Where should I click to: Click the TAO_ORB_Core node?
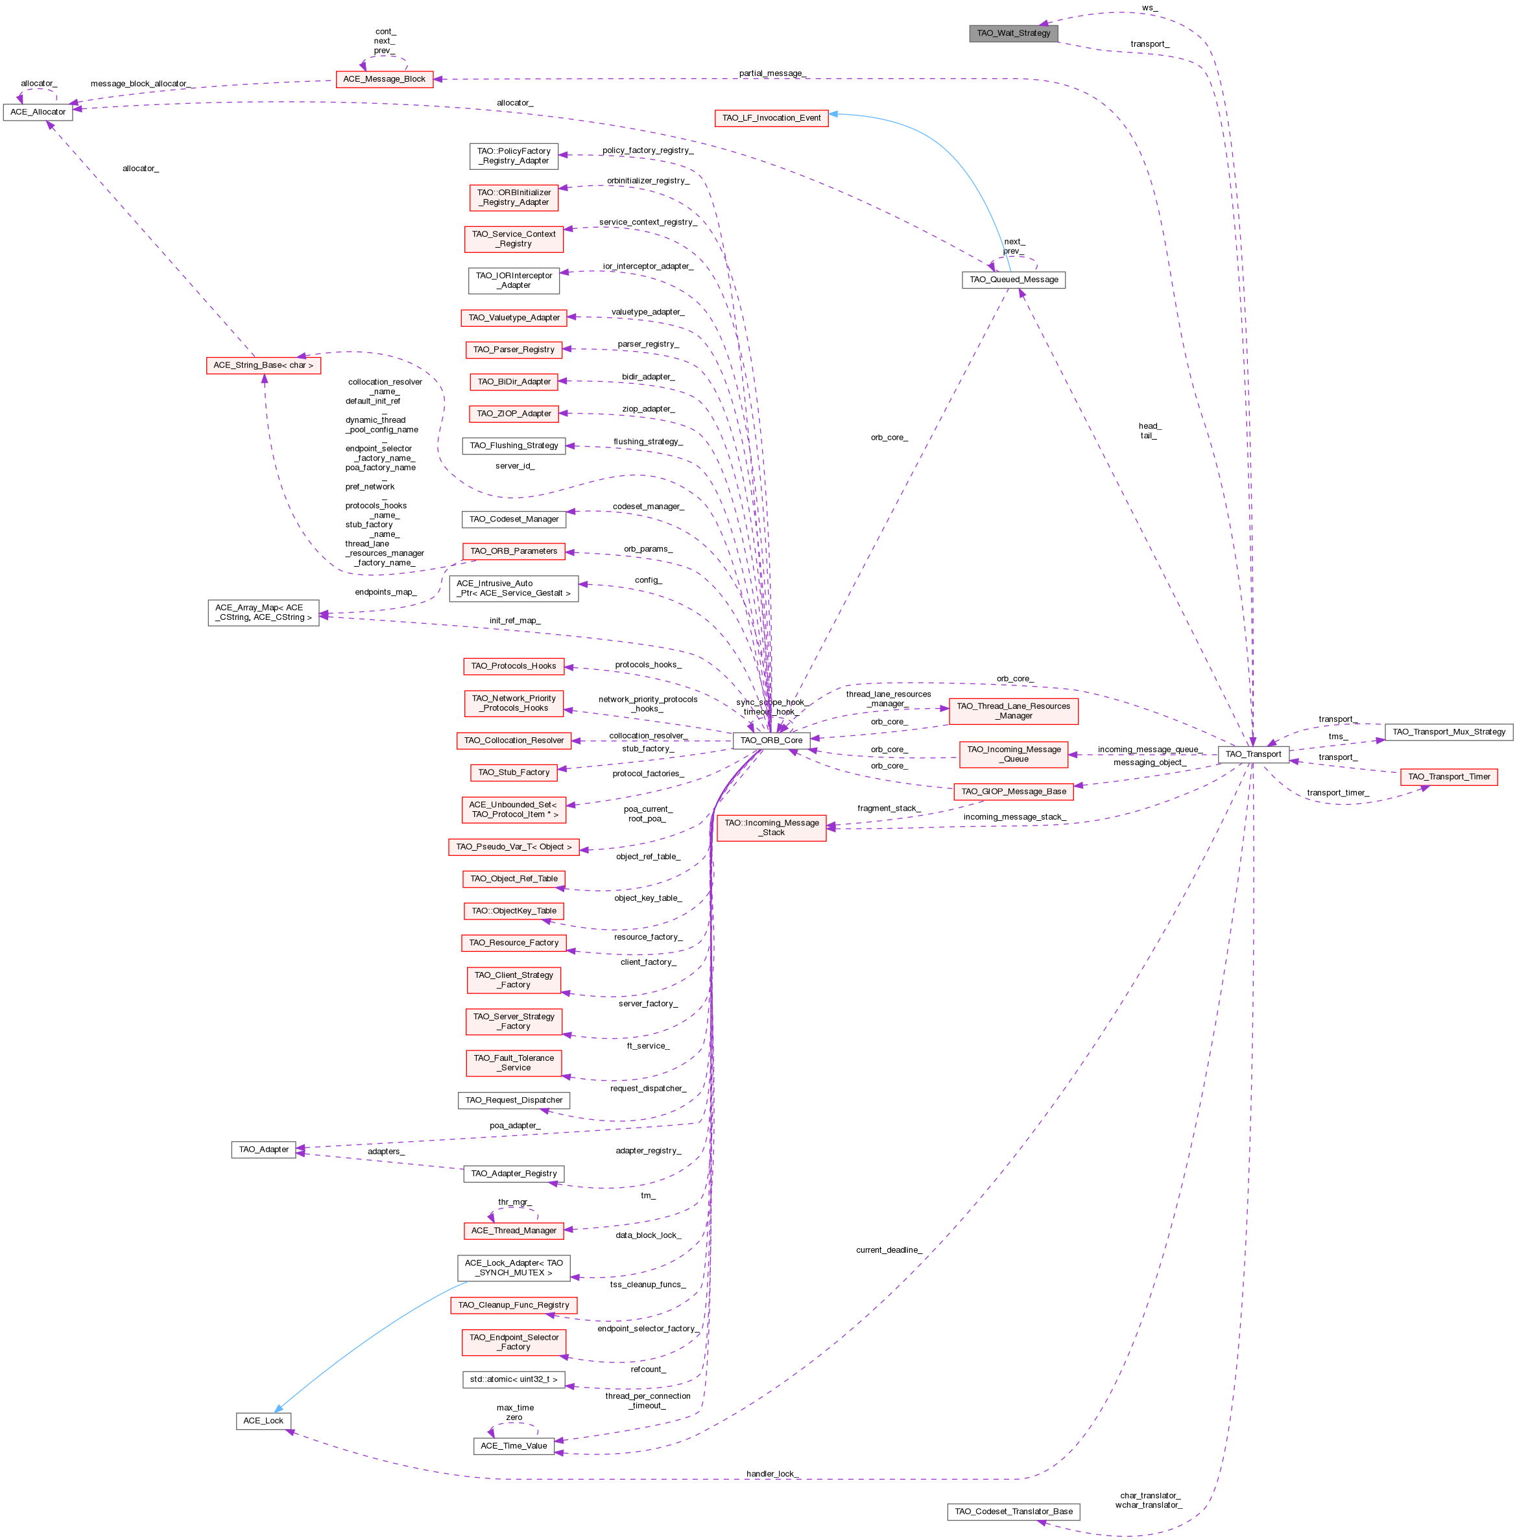771,740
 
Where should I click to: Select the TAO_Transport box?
1252,753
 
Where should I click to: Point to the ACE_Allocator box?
38,112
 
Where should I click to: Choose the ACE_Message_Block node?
384,79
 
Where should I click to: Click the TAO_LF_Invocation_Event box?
770,118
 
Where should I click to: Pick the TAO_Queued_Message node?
1014,279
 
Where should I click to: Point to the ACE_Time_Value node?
513,1446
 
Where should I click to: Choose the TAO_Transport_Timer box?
1448,776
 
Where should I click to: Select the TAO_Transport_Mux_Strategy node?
1448,731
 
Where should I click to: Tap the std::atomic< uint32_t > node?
513,1379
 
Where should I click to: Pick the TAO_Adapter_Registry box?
513,1174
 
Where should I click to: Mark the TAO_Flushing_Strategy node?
513,445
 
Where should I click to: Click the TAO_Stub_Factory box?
513,772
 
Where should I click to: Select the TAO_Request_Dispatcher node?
513,1100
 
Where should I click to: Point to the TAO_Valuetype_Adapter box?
513,317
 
